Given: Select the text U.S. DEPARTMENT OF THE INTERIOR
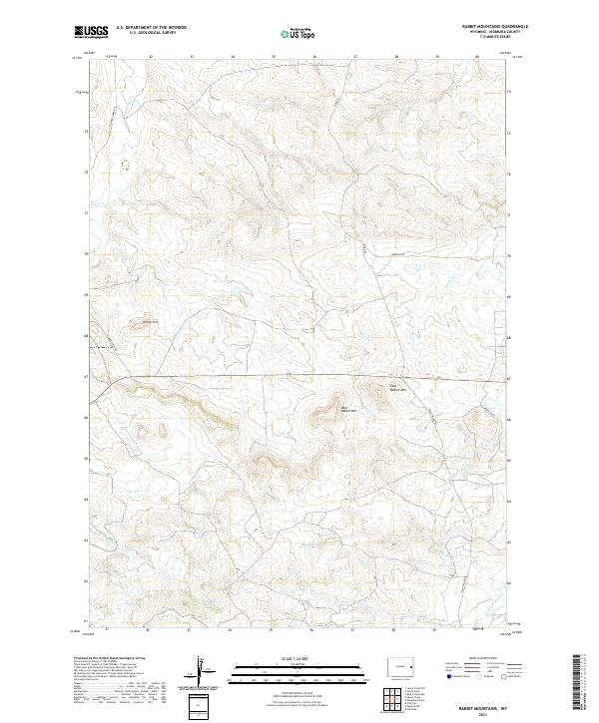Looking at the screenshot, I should [151, 28].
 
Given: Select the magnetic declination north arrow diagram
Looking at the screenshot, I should [202, 670].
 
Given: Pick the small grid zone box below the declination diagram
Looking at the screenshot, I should [202, 707].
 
